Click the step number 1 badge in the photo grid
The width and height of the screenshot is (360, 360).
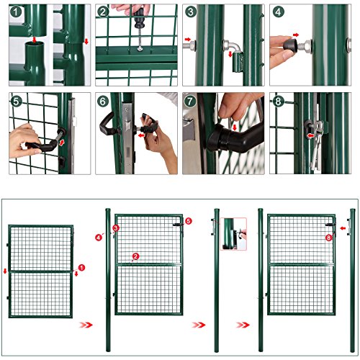[x=16, y=12]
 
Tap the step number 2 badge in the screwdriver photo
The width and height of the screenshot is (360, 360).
[x=103, y=12]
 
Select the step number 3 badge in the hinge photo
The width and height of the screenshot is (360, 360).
[x=191, y=12]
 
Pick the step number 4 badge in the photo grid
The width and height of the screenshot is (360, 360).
[x=279, y=12]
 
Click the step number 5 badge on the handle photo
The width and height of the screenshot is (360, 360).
[x=16, y=102]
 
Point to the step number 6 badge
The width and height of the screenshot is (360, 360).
[x=103, y=102]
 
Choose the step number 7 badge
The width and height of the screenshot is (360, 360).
[x=190, y=102]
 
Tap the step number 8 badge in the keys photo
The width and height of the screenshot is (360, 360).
[x=278, y=102]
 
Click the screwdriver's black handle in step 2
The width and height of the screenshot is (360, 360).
[x=139, y=18]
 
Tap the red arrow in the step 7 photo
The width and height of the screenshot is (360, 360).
[x=235, y=127]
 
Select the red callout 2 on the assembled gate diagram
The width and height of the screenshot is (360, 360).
[x=135, y=256]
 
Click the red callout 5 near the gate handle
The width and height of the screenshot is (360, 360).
[x=189, y=221]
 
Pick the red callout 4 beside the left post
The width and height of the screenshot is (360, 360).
[x=99, y=238]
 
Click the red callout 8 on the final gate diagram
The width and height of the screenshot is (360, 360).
[x=328, y=238]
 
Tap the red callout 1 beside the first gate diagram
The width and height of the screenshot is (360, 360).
[x=81, y=268]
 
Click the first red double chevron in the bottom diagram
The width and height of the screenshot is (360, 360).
[x=86, y=325]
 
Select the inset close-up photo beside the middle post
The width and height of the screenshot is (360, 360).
[x=233, y=234]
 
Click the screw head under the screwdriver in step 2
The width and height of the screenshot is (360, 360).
[x=140, y=49]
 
